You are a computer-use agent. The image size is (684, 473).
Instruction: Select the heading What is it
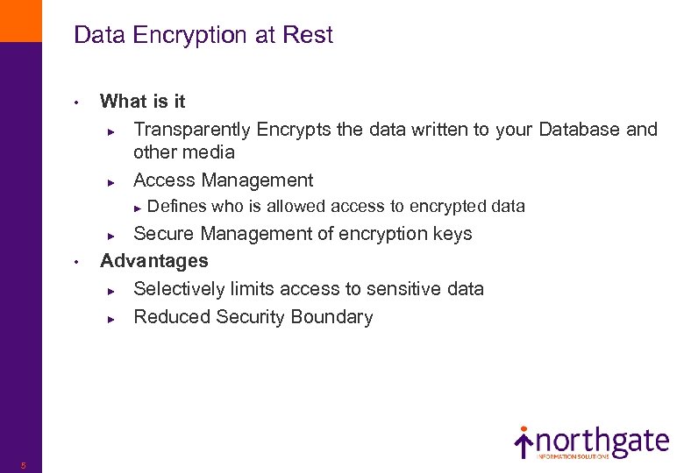pyautogui.click(x=143, y=102)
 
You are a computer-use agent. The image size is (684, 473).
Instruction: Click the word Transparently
pyautogui.click(x=192, y=130)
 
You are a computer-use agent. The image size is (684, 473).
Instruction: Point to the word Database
pyautogui.click(x=579, y=130)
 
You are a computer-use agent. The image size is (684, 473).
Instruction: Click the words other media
pyautogui.click(x=184, y=152)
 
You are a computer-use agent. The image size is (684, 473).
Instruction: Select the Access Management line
pyautogui.click(x=223, y=180)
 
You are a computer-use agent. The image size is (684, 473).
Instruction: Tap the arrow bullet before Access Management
pyautogui.click(x=111, y=181)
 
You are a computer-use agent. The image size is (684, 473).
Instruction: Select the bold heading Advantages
pyautogui.click(x=154, y=261)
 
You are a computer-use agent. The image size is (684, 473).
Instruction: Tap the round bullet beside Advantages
pyautogui.click(x=77, y=261)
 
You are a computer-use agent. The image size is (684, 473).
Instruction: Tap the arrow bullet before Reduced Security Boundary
pyautogui.click(x=111, y=318)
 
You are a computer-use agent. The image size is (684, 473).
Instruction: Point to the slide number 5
pyautogui.click(x=24, y=465)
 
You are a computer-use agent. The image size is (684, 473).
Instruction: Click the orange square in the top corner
pyautogui.click(x=20, y=20)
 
